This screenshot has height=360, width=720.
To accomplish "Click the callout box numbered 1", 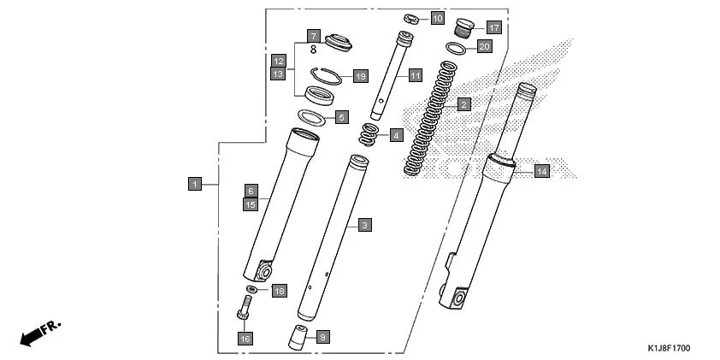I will tap(195, 183).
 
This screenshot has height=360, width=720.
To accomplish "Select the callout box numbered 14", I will tap(541, 171).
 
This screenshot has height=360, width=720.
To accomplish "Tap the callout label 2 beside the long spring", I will tap(463, 105).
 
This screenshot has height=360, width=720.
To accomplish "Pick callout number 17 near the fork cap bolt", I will tap(493, 27).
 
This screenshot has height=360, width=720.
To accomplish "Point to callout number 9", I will tap(322, 337).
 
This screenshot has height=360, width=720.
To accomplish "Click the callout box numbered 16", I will tap(245, 339).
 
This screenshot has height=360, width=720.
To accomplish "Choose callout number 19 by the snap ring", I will tap(359, 76).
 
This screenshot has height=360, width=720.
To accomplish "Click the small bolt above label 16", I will tap(245, 307).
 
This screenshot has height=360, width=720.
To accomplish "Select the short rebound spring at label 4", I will tap(369, 134).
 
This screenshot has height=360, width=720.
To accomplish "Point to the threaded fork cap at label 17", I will tap(464, 26).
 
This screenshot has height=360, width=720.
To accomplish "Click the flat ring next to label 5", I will tap(314, 116).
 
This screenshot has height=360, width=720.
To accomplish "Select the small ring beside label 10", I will tap(411, 18).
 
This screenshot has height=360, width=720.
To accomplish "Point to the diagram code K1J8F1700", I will tap(668, 349).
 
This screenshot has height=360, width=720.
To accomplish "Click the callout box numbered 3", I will tap(364, 225).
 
